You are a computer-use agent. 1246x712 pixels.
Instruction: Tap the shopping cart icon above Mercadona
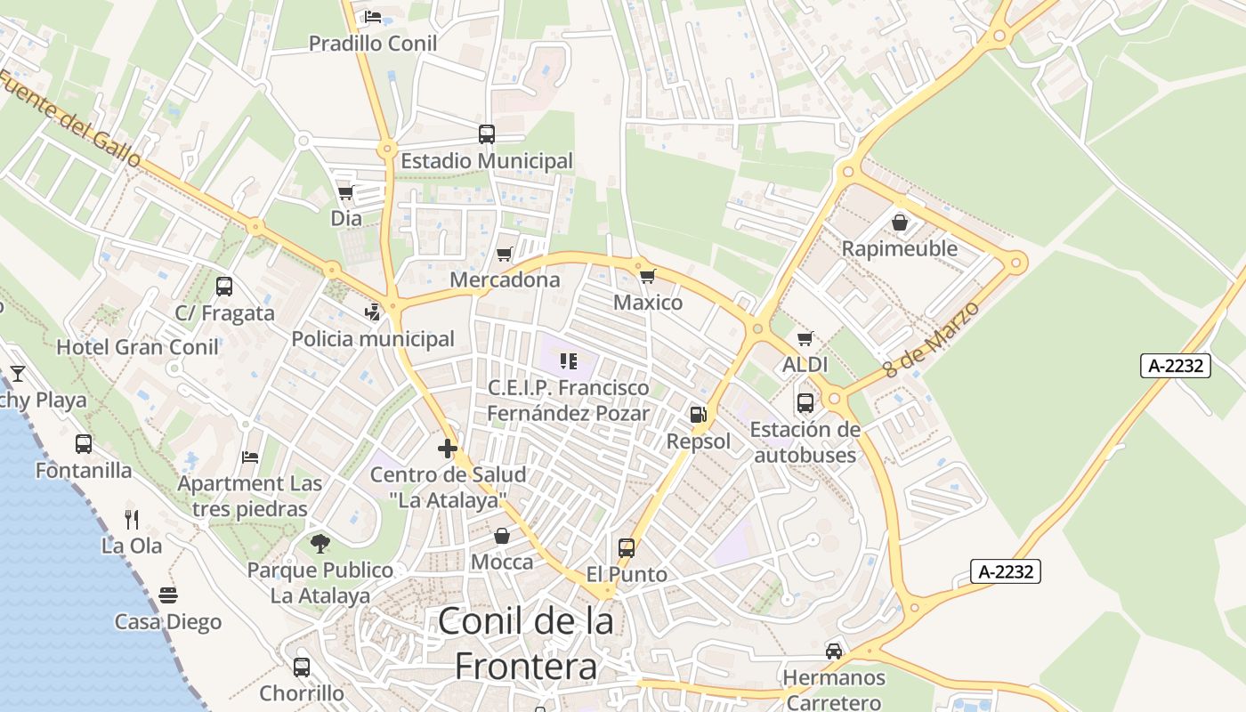pos(505,255)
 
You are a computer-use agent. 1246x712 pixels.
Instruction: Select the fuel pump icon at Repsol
pos(699,415)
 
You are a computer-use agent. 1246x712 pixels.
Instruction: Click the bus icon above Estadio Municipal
pos(487,134)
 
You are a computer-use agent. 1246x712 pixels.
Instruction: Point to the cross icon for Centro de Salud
pos(448,449)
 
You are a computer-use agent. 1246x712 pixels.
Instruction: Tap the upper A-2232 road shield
pos(1175,365)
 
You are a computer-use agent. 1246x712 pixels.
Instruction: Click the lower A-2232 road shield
pos(1005,571)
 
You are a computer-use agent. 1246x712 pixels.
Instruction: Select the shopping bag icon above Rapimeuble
pos(900,222)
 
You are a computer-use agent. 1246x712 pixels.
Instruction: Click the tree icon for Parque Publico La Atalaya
pos(320,543)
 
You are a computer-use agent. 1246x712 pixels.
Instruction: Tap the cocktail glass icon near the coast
pos(18,374)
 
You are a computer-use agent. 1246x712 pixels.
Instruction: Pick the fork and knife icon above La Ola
pos(132,519)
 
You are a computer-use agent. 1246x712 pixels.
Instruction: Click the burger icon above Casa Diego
pos(168,595)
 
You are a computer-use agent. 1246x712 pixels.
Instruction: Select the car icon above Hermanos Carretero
pos(834,651)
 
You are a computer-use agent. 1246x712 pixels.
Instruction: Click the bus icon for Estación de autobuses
pos(805,403)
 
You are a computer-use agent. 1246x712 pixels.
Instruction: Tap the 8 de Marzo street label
pos(932,340)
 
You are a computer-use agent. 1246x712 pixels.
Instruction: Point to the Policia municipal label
pos(373,339)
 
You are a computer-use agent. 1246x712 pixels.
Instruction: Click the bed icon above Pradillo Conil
pos(373,17)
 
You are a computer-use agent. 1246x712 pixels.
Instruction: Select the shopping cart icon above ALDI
pos(805,338)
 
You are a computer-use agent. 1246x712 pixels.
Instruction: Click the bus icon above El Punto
pos(627,547)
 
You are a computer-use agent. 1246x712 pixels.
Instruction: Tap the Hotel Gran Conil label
pos(137,347)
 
